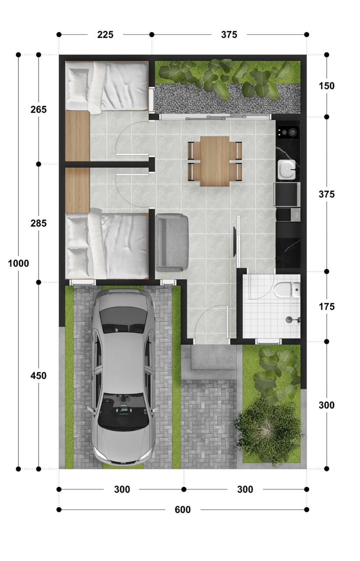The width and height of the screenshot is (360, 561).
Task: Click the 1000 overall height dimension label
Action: (18, 263)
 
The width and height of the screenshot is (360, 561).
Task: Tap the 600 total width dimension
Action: (183, 510)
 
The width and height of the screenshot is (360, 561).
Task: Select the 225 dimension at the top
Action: (105, 35)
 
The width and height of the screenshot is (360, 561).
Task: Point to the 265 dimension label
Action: (39, 110)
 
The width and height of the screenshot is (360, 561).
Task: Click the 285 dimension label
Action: (39, 223)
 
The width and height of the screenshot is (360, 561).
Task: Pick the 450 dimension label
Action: (39, 376)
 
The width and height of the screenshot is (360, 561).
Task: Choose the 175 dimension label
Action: (326, 306)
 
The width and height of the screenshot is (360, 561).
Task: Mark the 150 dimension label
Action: (326, 86)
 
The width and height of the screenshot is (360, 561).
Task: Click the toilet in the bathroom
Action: (287, 290)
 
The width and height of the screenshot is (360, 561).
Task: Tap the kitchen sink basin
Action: (286, 170)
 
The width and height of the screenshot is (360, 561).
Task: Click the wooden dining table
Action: (215, 161)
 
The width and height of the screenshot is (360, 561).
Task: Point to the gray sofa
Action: (172, 242)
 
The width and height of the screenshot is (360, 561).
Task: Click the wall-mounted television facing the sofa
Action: (235, 241)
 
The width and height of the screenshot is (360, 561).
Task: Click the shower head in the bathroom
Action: (289, 320)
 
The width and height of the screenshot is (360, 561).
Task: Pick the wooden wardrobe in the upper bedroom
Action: (78, 136)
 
